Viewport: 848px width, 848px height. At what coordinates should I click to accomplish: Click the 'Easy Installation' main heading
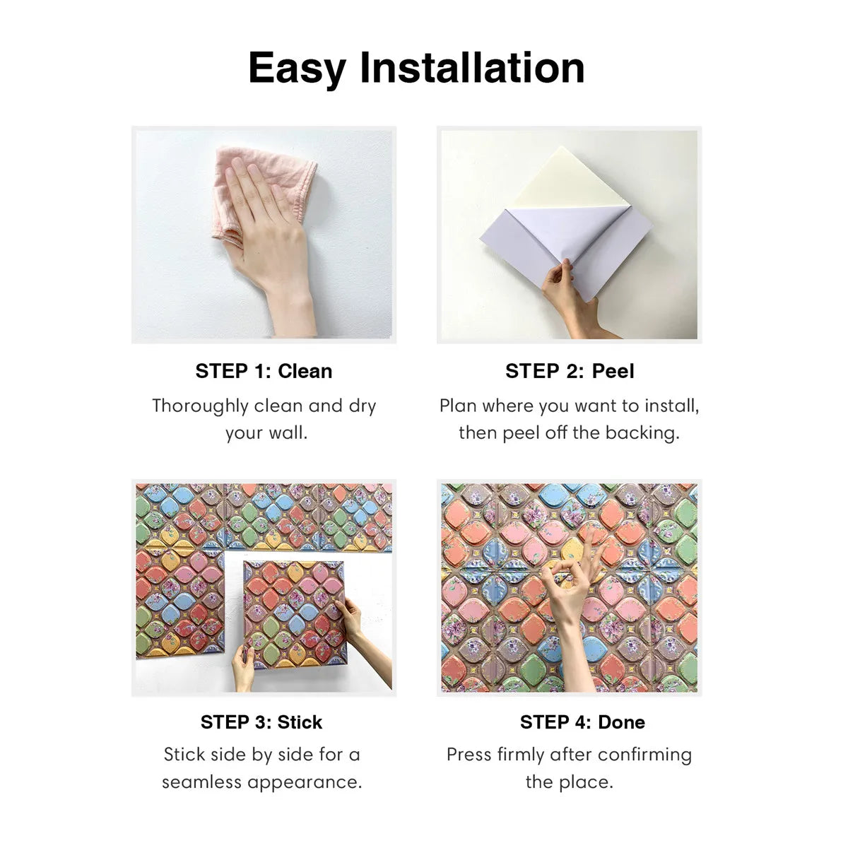416,68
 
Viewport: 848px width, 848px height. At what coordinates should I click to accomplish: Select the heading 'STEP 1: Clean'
264,371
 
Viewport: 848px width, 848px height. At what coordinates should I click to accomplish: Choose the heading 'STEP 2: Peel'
570,371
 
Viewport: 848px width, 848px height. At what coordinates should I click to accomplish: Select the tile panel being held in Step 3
293,611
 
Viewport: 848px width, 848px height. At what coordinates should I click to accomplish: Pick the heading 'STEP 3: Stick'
261,722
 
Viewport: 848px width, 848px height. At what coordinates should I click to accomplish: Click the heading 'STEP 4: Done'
582,722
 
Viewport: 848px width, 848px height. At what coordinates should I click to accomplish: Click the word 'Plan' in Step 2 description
457,406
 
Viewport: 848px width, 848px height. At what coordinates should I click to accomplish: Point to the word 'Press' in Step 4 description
469,755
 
